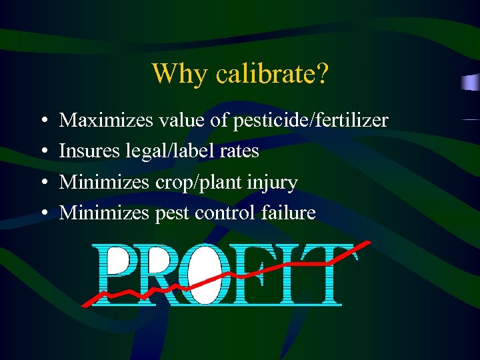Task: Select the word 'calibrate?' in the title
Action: click(271, 75)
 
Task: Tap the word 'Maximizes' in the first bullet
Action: click(106, 121)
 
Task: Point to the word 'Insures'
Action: click(90, 151)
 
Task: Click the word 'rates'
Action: click(238, 151)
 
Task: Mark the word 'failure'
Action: click(289, 213)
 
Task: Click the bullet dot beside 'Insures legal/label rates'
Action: click(43, 152)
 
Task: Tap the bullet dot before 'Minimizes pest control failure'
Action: click(43, 213)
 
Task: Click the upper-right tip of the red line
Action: click(369, 242)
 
